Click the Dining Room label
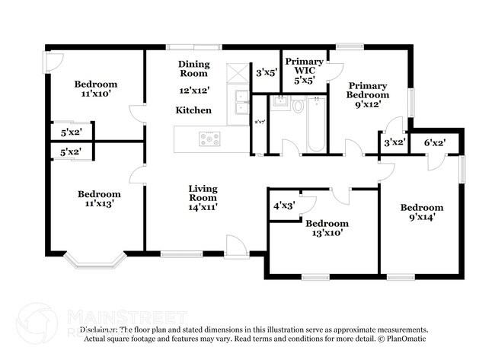[x=193, y=68]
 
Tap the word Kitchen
[x=193, y=110]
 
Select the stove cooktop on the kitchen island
[x=209, y=139]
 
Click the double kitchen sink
[x=241, y=97]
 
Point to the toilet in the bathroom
[x=296, y=107]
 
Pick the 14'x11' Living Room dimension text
[x=203, y=206]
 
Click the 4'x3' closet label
[x=284, y=205]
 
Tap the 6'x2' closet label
[x=435, y=142]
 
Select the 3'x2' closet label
[x=394, y=142]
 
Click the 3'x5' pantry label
[x=267, y=73]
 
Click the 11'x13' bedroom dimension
[x=99, y=204]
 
